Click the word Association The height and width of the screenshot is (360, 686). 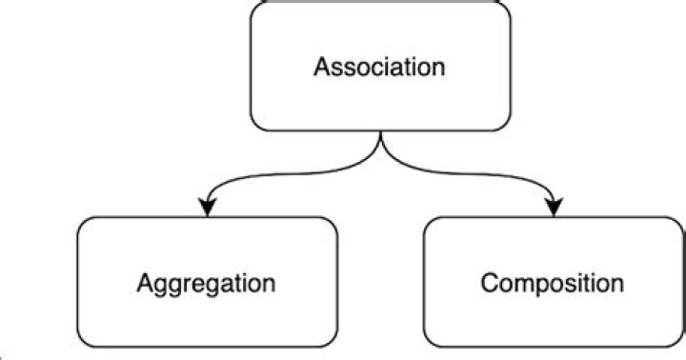380,68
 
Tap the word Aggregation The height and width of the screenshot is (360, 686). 206,283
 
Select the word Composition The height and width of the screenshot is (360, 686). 553,283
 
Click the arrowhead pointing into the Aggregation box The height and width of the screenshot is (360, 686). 206,207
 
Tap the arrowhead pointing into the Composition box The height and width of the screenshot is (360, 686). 554,207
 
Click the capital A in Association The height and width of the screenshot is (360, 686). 323,68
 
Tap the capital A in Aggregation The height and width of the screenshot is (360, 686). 145,283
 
